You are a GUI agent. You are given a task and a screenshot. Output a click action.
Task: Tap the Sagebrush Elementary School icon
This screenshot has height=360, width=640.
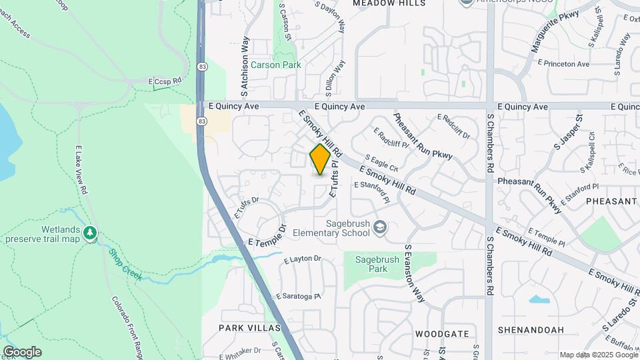tap(380, 228)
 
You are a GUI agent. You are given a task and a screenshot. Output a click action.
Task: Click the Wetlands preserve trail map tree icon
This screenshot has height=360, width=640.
tap(90, 233)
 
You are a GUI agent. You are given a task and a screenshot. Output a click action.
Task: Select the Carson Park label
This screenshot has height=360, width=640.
tap(275, 65)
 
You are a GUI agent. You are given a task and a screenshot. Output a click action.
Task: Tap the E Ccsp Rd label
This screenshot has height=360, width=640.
tap(167, 81)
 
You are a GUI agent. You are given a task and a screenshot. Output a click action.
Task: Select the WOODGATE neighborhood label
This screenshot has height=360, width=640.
tap(442, 333)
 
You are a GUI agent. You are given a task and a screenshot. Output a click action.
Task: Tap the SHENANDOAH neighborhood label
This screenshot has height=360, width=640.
tap(531, 330)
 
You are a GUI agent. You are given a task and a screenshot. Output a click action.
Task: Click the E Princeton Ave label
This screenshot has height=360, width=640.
tap(564, 64)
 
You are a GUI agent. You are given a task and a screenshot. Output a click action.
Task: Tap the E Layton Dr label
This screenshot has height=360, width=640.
tap(303, 259)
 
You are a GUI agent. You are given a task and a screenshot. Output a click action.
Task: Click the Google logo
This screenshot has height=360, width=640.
tap(22, 352)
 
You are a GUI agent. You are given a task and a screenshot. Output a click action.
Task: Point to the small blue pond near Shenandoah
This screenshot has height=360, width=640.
tap(539, 299)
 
